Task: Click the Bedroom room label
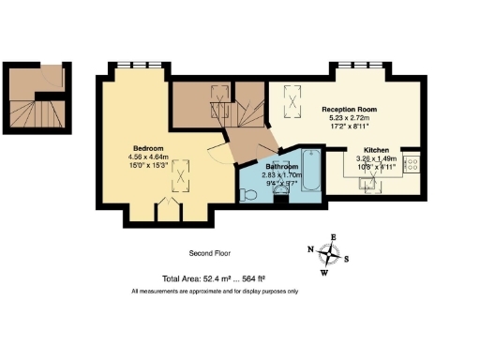point(148,149)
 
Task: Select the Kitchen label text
point(377,149)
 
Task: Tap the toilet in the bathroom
point(247,194)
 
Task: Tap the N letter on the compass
point(310,249)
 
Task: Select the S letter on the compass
point(346,260)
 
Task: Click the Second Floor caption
point(209,253)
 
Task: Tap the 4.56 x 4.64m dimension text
point(148,157)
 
